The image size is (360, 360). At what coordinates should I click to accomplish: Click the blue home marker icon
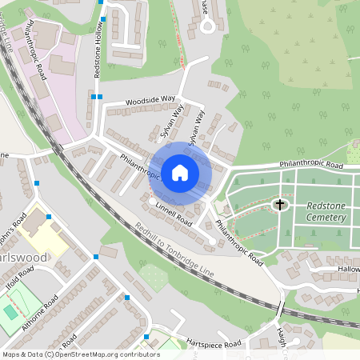click(x=180, y=173)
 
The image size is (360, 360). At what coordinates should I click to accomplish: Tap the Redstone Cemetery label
click(x=331, y=211)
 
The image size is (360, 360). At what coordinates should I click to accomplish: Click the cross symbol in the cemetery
click(x=280, y=206)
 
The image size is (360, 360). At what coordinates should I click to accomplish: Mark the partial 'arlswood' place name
click(x=23, y=258)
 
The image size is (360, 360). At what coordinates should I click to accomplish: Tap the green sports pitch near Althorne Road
click(x=10, y=310)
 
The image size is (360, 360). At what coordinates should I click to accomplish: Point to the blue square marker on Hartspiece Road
click(x=146, y=336)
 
